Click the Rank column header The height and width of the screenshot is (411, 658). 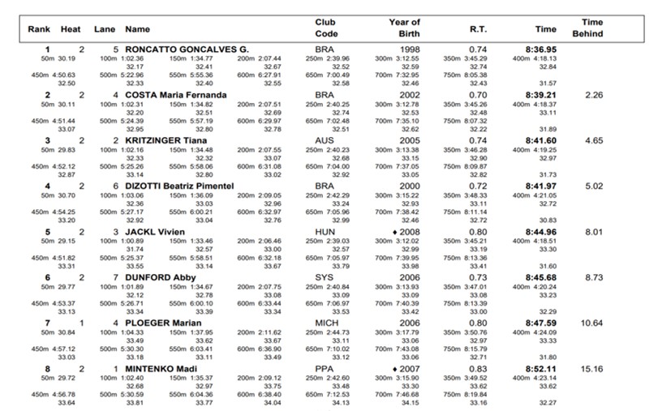pos(39,28)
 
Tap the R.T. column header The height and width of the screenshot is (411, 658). pos(478,28)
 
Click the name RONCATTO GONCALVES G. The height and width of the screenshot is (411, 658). pos(187,49)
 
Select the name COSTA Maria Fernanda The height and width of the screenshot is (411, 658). pos(176,95)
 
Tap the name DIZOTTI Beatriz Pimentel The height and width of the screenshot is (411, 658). pos(180,186)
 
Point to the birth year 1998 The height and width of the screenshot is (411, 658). pos(411,49)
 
